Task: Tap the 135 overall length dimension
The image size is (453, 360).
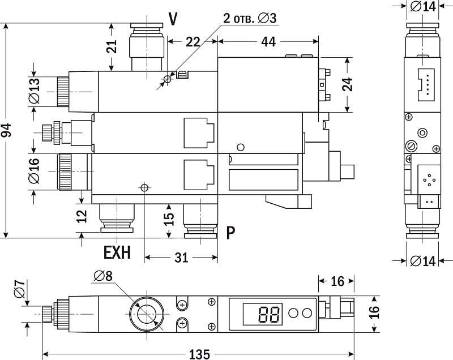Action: [199, 354]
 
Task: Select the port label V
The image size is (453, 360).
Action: [173, 19]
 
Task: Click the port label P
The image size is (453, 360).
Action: [230, 233]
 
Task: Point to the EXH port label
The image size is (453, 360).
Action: [117, 252]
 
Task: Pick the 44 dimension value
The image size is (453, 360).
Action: [268, 41]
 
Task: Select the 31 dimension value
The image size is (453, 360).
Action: [181, 258]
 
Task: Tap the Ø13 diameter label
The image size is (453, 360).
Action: [35, 91]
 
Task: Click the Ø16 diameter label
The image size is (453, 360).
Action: [35, 171]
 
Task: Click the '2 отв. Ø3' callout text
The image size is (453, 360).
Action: [250, 19]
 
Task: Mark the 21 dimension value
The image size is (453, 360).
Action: [112, 46]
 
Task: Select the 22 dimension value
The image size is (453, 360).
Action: [193, 41]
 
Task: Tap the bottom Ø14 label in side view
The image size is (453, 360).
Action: [422, 261]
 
